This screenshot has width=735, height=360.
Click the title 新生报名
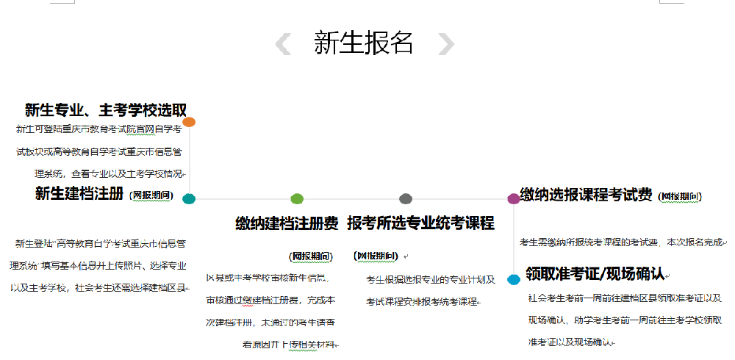pyautogui.click(x=363, y=43)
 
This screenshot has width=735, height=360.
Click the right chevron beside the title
pyautogui.click(x=445, y=44)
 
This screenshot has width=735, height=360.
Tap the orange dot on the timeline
pyautogui.click(x=189, y=122)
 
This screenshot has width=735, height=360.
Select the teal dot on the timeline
pyautogui.click(x=189, y=198)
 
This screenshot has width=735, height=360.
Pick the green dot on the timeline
pyautogui.click(x=297, y=198)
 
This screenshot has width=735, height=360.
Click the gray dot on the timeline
pyautogui.click(x=405, y=198)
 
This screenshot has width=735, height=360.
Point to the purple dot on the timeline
pyautogui.click(x=514, y=198)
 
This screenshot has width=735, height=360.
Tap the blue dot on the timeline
pyautogui.click(x=514, y=279)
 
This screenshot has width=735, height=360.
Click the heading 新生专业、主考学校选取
pyautogui.click(x=106, y=110)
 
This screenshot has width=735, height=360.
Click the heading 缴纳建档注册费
pyautogui.click(x=287, y=223)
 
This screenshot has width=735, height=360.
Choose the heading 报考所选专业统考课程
pyautogui.click(x=420, y=223)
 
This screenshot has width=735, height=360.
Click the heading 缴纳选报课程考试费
pyautogui.click(x=586, y=195)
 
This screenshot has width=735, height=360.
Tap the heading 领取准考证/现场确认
pyautogui.click(x=595, y=274)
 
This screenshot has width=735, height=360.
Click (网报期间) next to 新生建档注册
pyautogui.click(x=152, y=195)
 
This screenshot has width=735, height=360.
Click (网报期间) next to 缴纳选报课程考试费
pyautogui.click(x=680, y=196)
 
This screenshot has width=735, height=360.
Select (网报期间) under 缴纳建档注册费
pyautogui.click(x=311, y=256)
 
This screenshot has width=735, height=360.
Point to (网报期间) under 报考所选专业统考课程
pyautogui.click(x=376, y=256)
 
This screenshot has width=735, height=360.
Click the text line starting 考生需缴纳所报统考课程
pyautogui.click(x=622, y=242)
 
